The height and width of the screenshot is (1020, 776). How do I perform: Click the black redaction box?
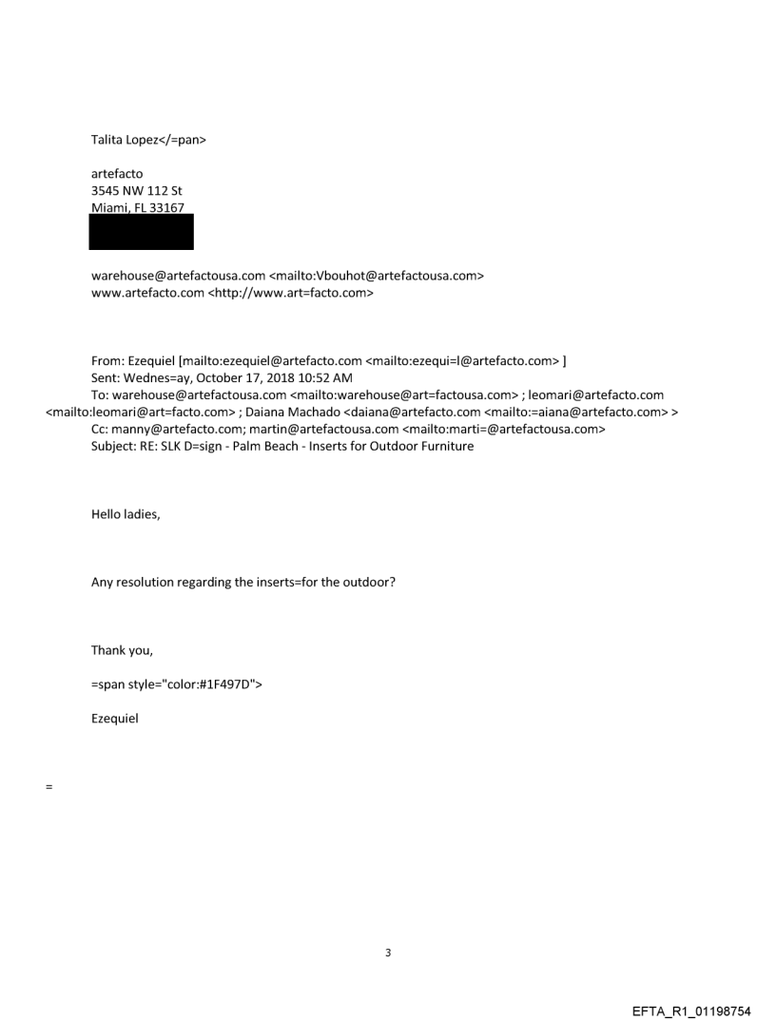point(141,231)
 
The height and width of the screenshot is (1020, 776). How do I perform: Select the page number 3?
point(388,952)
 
